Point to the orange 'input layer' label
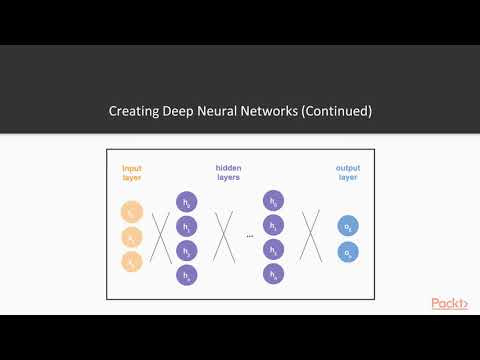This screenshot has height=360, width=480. coord(133,173)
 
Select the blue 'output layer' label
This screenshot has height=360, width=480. coord(348,173)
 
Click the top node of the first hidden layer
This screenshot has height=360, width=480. coord(187,201)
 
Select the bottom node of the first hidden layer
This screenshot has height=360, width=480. coord(187,273)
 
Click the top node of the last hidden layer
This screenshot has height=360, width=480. coord(274,201)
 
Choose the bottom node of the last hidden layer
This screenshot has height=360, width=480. coord(274,273)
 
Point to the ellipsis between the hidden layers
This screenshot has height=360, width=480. coord(249,237)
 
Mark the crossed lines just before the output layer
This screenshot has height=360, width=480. coord(311,237)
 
